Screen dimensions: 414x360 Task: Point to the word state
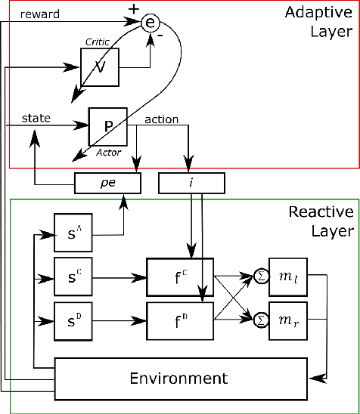pyautogui.click(x=36, y=118)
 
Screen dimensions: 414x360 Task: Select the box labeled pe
pyautogui.click(x=107, y=182)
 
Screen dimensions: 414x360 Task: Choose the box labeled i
pyautogui.click(x=191, y=182)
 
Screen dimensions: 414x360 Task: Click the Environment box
pyautogui.click(x=181, y=377)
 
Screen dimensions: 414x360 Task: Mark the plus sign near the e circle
pyautogui.click(x=135, y=9)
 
